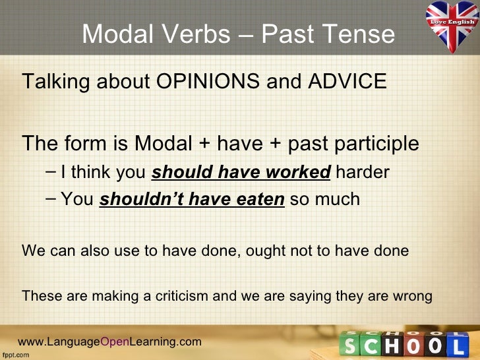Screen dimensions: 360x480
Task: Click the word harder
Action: point(363,173)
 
